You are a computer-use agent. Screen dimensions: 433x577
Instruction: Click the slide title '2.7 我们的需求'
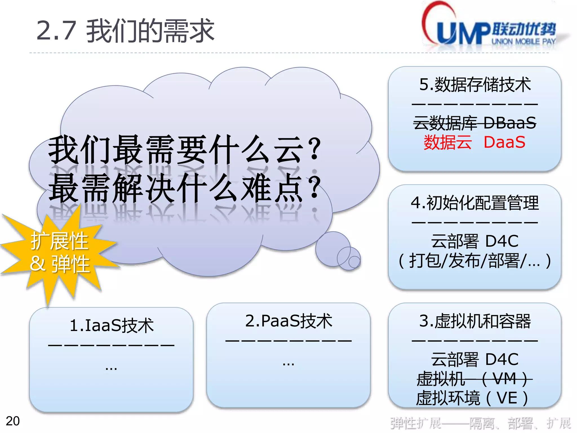125,30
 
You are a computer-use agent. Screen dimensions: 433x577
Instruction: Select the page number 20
13,421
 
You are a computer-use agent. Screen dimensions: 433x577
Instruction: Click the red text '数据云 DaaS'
475,142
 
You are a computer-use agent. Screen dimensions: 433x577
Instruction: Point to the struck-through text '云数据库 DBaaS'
475,123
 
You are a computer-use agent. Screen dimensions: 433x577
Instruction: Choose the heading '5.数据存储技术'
475,85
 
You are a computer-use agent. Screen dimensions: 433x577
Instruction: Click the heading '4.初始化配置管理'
475,203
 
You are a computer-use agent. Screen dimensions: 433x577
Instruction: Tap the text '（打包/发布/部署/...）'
475,261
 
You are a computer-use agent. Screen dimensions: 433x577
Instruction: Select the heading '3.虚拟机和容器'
475,321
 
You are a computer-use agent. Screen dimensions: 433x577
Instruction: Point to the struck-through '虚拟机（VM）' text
475,379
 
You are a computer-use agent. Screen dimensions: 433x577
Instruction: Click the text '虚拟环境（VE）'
472,398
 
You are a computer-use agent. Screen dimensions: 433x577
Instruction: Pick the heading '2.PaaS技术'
288,321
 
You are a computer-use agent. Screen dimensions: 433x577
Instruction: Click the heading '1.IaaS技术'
112,326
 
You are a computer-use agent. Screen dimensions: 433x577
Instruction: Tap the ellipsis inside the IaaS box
111,368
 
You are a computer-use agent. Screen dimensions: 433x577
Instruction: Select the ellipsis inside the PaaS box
288,363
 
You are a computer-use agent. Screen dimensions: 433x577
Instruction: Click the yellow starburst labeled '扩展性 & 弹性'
59,252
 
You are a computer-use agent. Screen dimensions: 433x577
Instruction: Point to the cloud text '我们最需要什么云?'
185,149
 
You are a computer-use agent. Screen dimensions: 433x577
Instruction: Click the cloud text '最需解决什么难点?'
185,188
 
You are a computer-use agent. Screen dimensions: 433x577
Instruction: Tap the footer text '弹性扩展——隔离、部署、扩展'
480,423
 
